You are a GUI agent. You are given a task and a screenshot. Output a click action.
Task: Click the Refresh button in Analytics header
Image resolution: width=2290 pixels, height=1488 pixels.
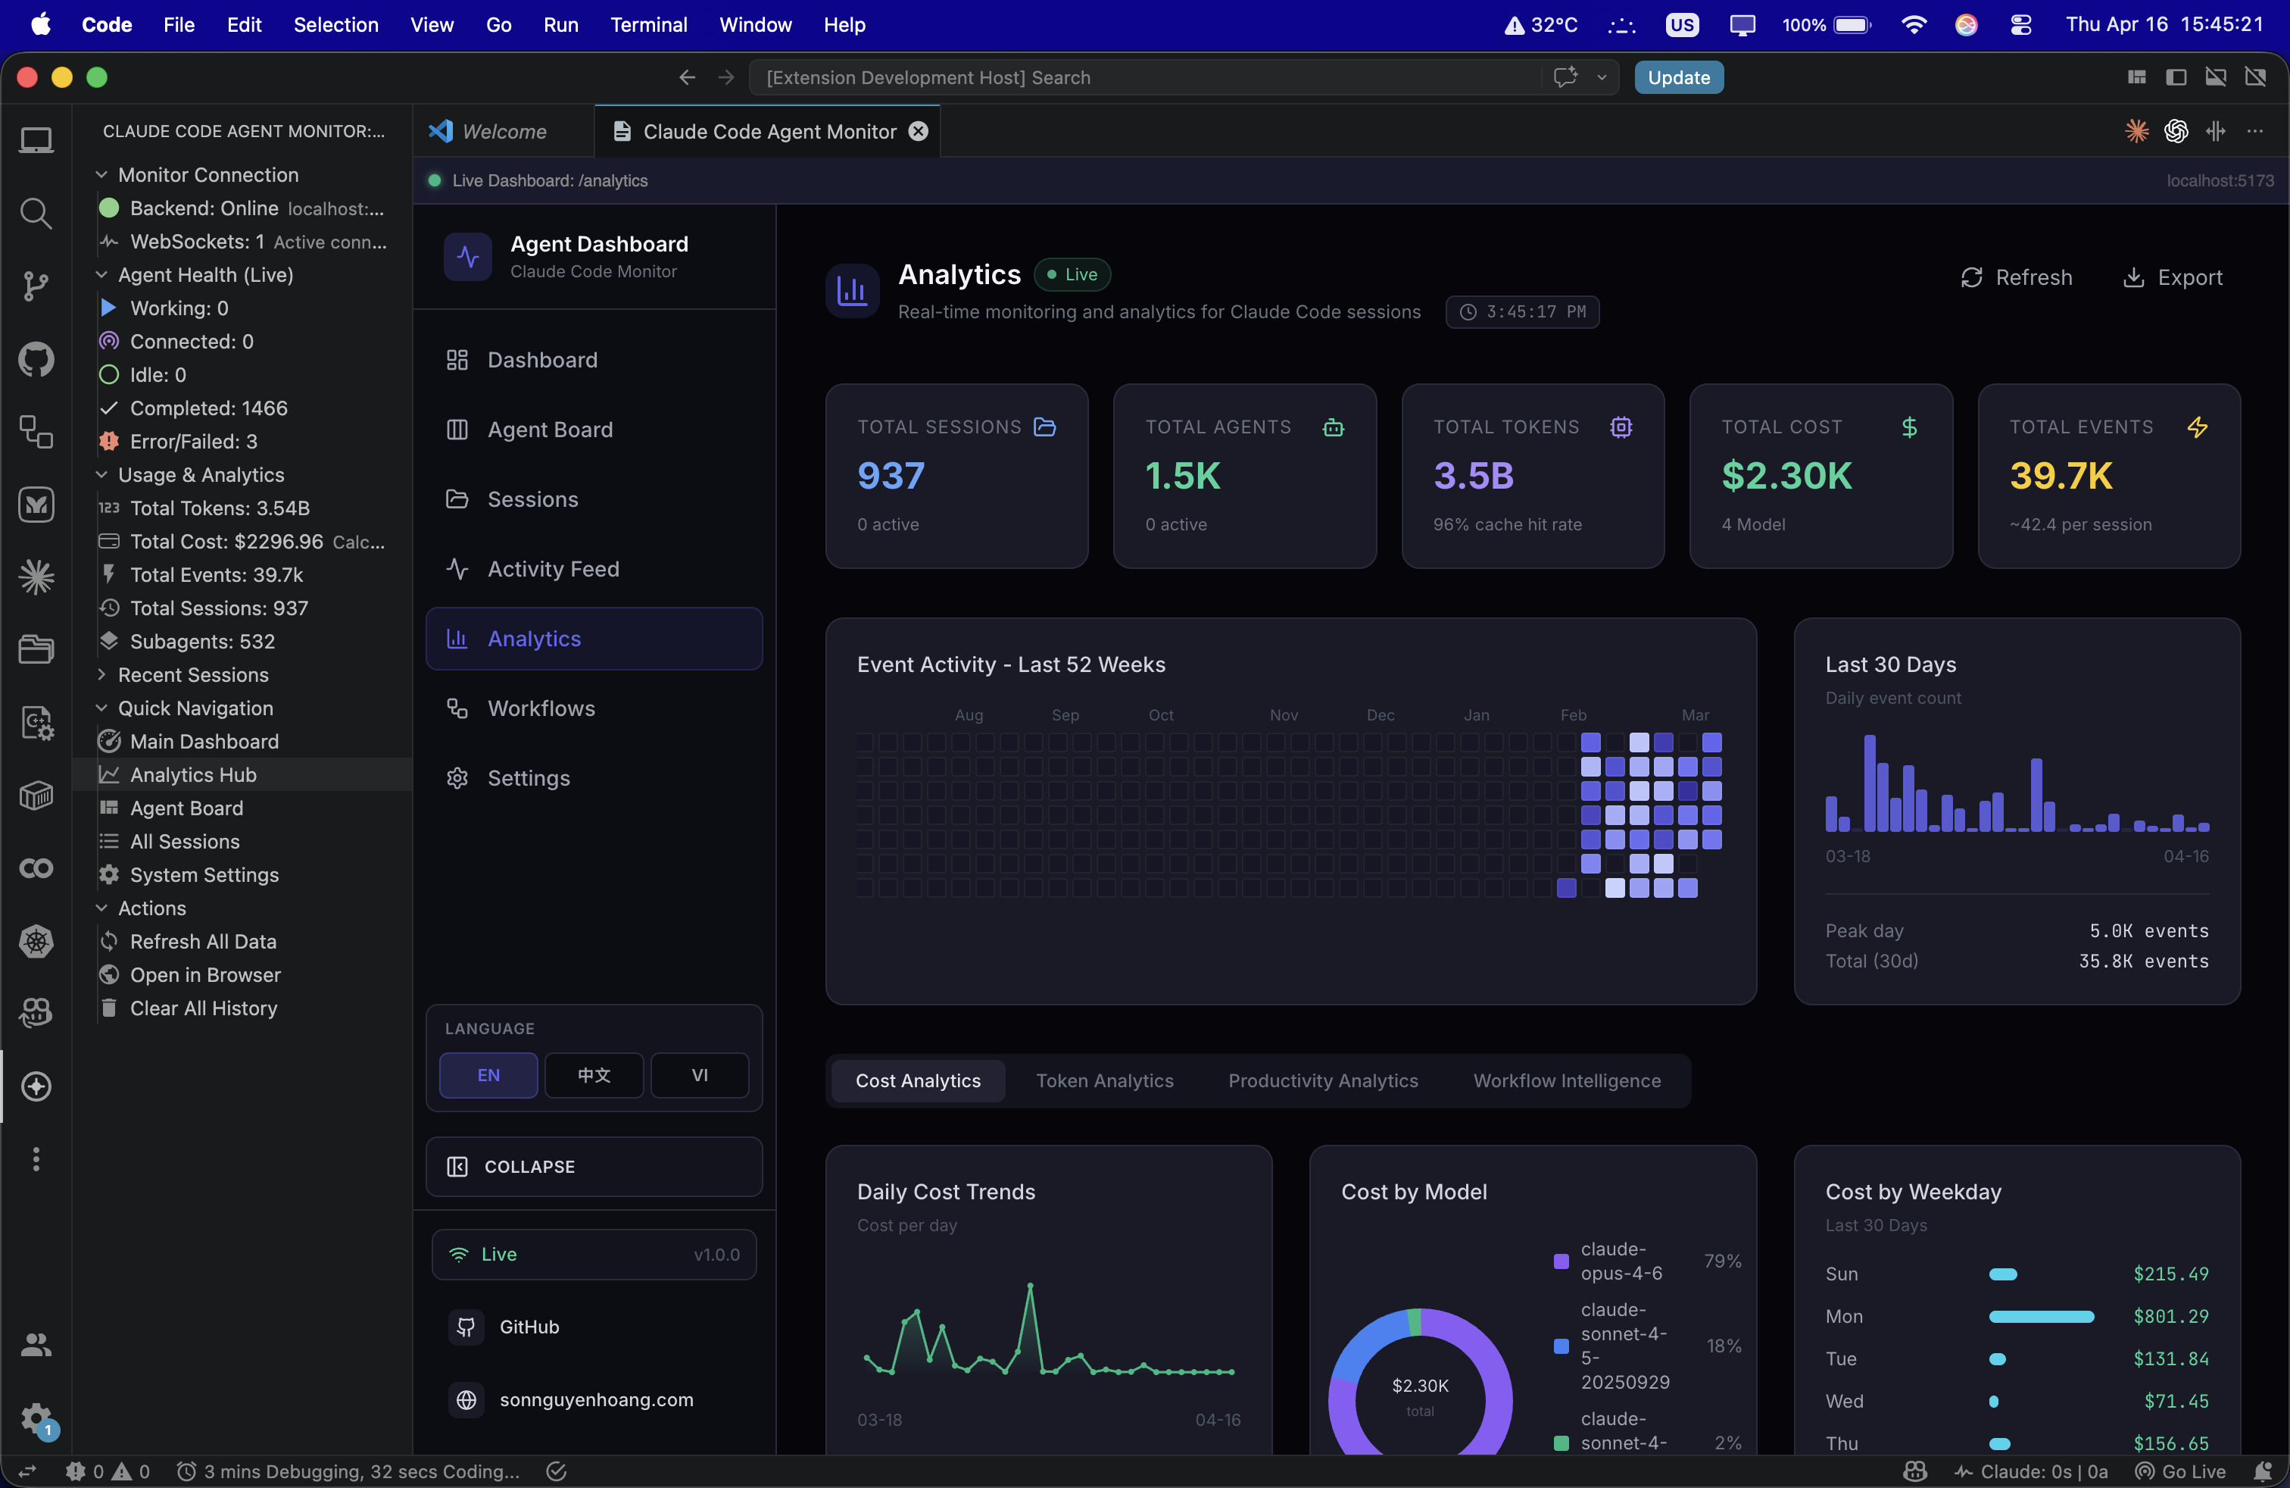[2016, 277]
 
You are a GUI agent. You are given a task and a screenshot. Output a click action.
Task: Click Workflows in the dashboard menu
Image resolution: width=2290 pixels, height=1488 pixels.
[541, 708]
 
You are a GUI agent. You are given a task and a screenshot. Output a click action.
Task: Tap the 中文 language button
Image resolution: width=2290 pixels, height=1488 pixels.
[594, 1074]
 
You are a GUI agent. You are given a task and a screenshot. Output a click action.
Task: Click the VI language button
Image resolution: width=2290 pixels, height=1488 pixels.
[700, 1074]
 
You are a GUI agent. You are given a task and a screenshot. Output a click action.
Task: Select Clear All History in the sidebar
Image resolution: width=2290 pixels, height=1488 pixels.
[203, 1008]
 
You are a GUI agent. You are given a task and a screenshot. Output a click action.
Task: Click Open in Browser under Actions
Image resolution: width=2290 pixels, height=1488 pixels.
[205, 974]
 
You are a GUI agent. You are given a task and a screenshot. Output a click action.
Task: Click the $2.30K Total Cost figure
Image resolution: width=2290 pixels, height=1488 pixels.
[1786, 476]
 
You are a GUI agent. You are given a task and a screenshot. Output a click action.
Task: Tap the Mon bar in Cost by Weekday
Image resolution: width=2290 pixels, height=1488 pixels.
[2040, 1316]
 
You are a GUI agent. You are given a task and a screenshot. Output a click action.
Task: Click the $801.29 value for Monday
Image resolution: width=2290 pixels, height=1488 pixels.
[2170, 1316]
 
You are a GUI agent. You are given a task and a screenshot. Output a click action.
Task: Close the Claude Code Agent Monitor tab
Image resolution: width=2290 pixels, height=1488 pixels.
[919, 131]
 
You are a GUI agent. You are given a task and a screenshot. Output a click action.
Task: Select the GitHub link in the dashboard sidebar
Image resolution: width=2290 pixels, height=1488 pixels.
[529, 1327]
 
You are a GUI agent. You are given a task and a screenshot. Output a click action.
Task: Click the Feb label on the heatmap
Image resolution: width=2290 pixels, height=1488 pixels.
[1572, 714]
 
